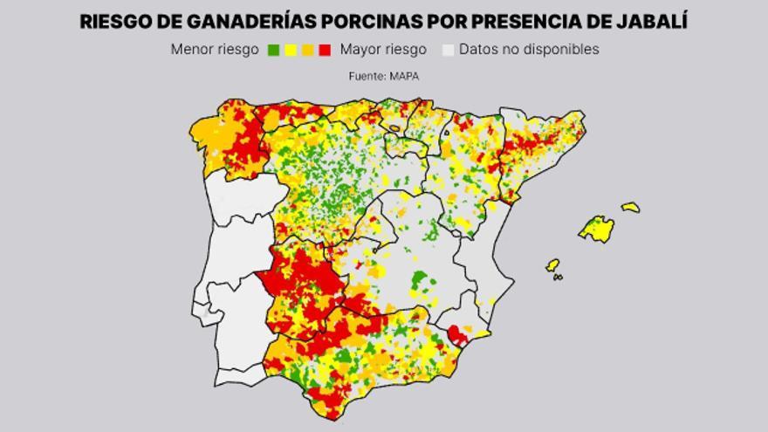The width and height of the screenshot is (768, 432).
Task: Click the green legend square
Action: click(x=273, y=51)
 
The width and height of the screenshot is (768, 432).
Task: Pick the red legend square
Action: click(x=325, y=51)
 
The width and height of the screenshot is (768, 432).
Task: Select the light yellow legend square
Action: click(x=291, y=51)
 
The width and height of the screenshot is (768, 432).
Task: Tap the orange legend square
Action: click(x=307, y=51)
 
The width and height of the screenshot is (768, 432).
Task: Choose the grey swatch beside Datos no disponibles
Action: click(x=448, y=51)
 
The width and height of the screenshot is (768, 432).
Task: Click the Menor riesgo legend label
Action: click(x=215, y=50)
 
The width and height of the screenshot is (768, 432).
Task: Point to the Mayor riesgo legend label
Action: click(x=384, y=50)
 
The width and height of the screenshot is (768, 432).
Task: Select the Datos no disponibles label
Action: click(x=529, y=50)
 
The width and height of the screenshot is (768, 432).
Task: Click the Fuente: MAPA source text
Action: click(x=384, y=77)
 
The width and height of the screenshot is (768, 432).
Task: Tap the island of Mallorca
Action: click(x=597, y=229)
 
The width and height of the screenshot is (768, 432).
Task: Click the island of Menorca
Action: click(x=630, y=208)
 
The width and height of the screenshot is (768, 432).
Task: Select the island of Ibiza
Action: click(x=552, y=264)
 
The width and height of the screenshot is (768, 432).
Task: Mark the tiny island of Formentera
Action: click(x=558, y=278)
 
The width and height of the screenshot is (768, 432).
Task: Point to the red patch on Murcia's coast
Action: click(x=457, y=334)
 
